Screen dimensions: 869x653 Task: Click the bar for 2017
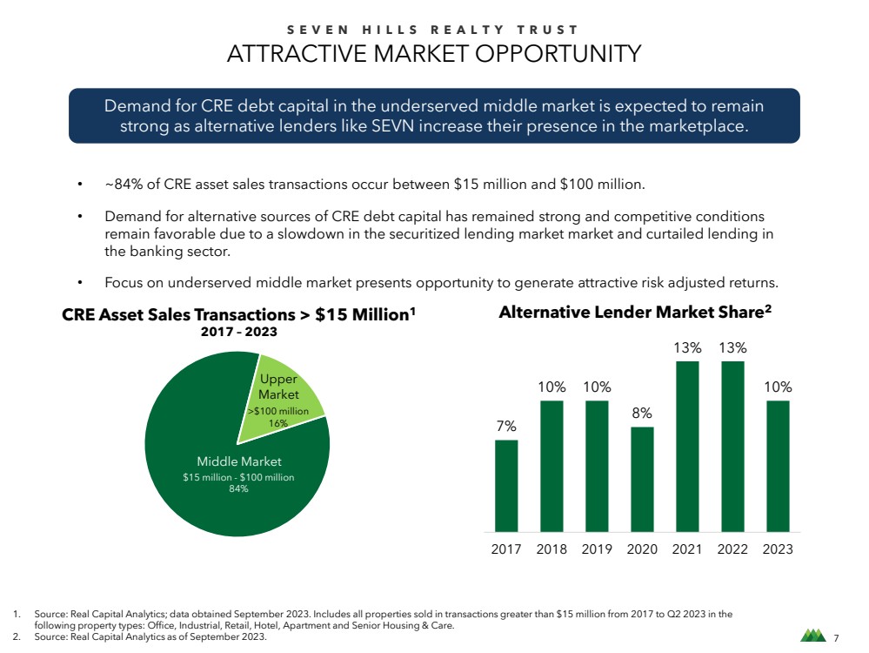pyautogui.click(x=506, y=486)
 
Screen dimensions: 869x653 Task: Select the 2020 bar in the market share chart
pyautogui.click(x=642, y=480)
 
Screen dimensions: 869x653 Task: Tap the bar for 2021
pyautogui.click(x=687, y=447)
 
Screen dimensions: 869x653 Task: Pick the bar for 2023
pyautogui.click(x=778, y=466)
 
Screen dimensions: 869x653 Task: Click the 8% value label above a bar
pyautogui.click(x=642, y=413)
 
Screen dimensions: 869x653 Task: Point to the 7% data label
pyautogui.click(x=506, y=426)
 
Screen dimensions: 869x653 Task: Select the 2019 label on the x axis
pyautogui.click(x=597, y=549)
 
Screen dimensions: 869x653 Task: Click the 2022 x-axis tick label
pyautogui.click(x=732, y=549)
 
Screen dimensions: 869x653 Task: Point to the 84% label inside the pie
pyautogui.click(x=238, y=488)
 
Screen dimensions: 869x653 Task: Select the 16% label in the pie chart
pyautogui.click(x=278, y=423)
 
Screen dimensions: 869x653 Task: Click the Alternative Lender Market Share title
pyautogui.click(x=635, y=312)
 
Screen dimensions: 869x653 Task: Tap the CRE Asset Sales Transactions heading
pyautogui.click(x=239, y=314)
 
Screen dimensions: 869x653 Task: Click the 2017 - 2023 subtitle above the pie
pyautogui.click(x=239, y=332)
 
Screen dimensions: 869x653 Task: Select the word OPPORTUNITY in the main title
pyautogui.click(x=558, y=54)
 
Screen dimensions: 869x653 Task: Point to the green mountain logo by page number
pyautogui.click(x=813, y=636)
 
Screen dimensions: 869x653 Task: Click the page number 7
pyautogui.click(x=836, y=638)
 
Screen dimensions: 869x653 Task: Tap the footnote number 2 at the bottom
pyautogui.click(x=16, y=636)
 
